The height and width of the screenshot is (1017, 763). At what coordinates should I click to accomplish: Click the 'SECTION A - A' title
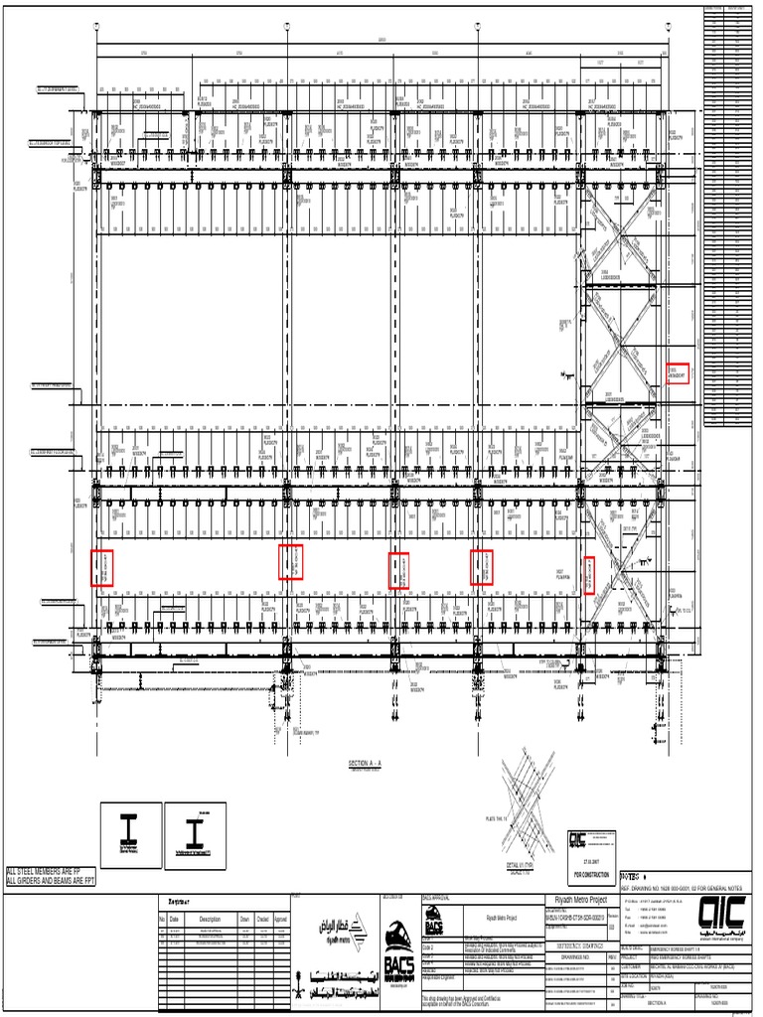pyautogui.click(x=365, y=763)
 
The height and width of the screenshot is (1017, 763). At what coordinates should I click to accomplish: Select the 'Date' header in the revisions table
pyautogui.click(x=175, y=920)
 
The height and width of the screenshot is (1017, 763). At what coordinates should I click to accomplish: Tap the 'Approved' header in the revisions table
pyautogui.click(x=281, y=920)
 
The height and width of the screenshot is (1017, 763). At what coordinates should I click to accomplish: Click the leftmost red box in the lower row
pyautogui.click(x=101, y=567)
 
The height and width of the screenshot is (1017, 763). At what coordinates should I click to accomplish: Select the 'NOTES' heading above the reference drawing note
pyautogui.click(x=633, y=877)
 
